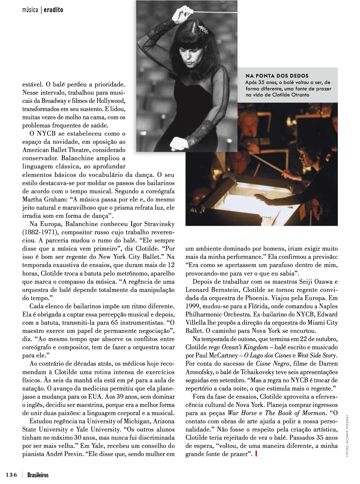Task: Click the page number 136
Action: [11, 475]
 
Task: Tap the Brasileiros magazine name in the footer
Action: [38, 475]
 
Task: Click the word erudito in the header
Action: [53, 10]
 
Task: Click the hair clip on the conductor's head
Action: [202, 29]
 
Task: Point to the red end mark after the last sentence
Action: [257, 454]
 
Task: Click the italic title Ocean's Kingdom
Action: [245, 347]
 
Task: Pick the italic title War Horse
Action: [242, 413]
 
